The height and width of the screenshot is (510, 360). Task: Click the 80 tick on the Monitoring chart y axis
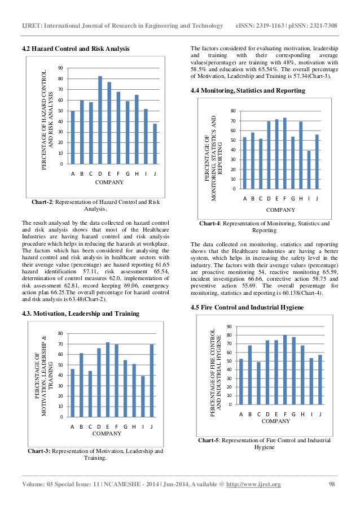coord(232,111)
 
